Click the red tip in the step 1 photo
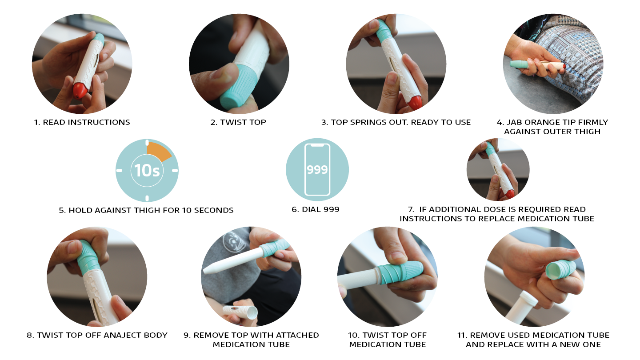[x=80, y=90]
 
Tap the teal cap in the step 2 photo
[x=238, y=86]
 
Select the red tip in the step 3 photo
[x=415, y=103]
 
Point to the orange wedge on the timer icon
[x=158, y=151]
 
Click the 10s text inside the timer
[x=147, y=171]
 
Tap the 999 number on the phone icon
[x=317, y=170]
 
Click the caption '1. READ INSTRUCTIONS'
[x=82, y=122]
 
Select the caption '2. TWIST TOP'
[x=238, y=122]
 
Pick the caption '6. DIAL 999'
[x=316, y=209]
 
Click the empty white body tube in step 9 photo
[x=240, y=312]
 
